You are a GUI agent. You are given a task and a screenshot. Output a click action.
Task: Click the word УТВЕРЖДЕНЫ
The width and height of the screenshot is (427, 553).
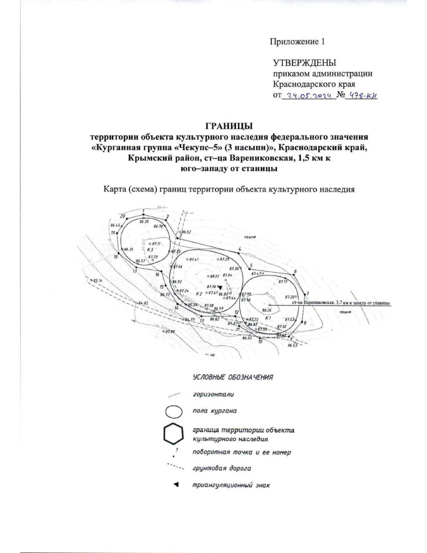click(x=304, y=63)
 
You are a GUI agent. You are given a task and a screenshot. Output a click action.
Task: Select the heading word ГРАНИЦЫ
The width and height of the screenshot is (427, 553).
click(x=229, y=126)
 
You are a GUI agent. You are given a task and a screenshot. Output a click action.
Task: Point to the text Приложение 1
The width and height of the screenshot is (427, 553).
click(x=297, y=42)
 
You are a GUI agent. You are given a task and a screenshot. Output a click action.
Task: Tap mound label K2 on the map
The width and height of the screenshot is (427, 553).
click(x=199, y=294)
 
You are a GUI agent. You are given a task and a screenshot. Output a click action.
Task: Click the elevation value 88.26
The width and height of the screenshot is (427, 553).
click(x=267, y=310)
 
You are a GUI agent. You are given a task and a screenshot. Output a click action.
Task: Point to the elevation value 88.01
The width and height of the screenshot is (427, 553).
click(x=214, y=276)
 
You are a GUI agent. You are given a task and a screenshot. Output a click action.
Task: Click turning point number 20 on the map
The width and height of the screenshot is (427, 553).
click(x=123, y=216)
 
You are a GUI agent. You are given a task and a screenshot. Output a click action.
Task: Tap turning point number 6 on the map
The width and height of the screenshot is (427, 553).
click(x=295, y=272)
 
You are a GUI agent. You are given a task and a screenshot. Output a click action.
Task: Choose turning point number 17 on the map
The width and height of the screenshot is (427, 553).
click(x=135, y=272)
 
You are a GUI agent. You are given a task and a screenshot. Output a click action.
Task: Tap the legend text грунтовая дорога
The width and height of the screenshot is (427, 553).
click(x=222, y=468)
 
